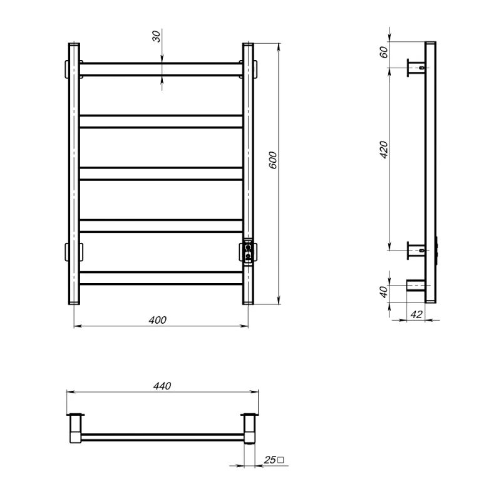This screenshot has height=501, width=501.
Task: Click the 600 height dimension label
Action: click(x=272, y=160)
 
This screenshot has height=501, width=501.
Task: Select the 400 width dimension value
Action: click(x=158, y=320)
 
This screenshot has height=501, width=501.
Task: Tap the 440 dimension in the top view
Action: click(x=162, y=386)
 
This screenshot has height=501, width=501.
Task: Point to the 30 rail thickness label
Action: click(x=156, y=36)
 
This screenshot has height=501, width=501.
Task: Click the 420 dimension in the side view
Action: click(x=384, y=149)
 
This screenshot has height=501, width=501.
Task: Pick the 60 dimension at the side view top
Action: click(x=384, y=52)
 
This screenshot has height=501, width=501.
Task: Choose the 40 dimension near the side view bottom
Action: click(x=384, y=292)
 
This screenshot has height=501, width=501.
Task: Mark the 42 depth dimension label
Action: click(x=416, y=314)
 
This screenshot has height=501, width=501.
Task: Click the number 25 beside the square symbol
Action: click(x=270, y=460)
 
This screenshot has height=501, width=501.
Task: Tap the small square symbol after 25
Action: click(x=281, y=460)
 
